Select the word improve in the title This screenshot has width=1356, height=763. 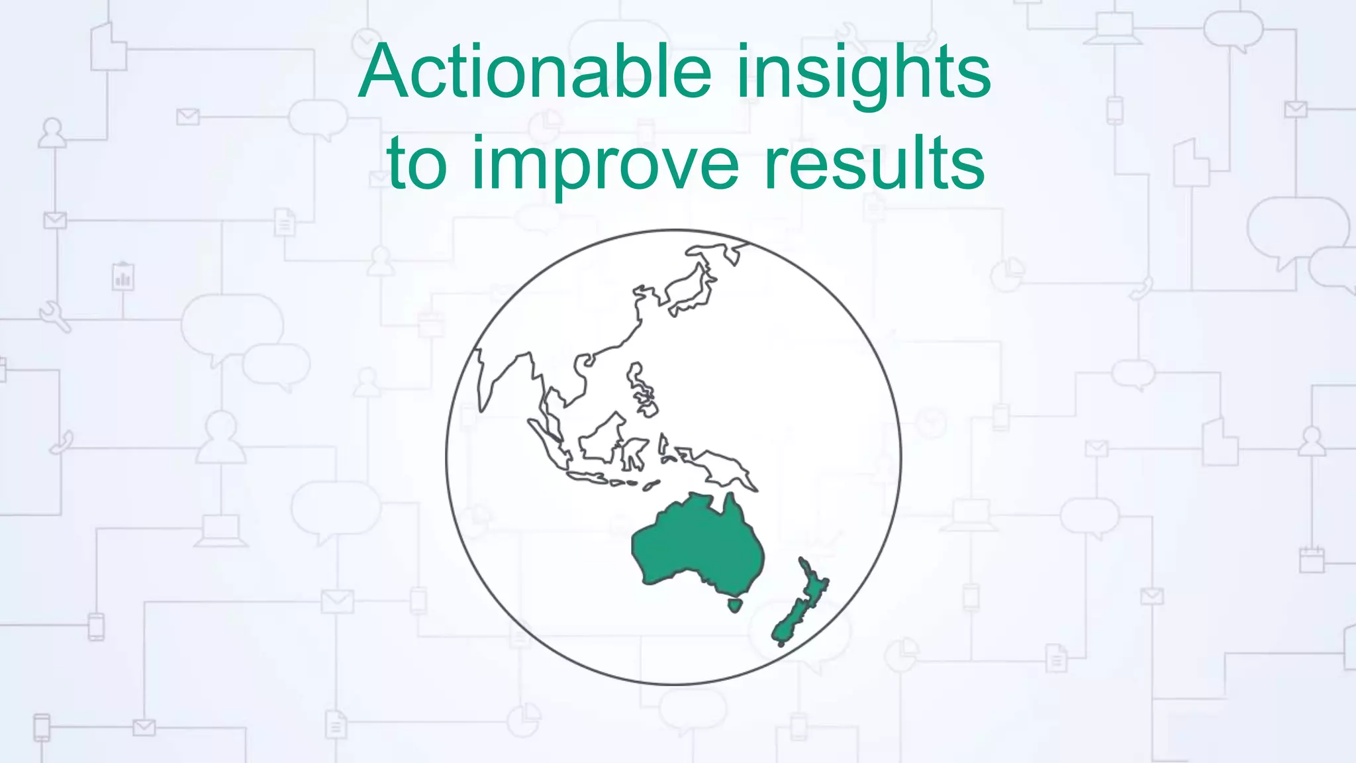pos(604,163)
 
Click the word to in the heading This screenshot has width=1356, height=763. pos(417,163)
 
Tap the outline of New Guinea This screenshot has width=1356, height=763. pos(722,466)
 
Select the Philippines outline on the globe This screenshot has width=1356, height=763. pos(641,391)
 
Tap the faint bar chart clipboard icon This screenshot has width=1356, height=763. pos(123,277)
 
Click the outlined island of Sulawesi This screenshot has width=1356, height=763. pos(634,454)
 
